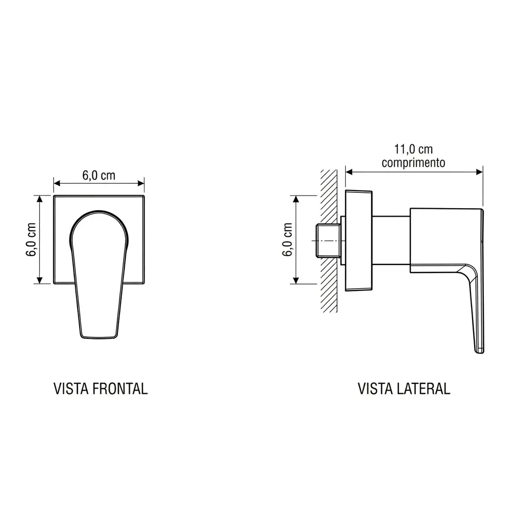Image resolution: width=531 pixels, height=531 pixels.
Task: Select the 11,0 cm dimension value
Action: (x=414, y=149)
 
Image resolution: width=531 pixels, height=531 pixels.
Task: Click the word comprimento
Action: (x=414, y=162)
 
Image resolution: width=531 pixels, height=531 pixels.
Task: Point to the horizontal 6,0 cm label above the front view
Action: (x=99, y=175)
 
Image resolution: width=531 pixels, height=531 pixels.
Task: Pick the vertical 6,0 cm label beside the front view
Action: (x=31, y=239)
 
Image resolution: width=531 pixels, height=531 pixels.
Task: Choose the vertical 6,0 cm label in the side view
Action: (x=287, y=239)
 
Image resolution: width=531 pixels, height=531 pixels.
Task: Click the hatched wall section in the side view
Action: (x=329, y=241)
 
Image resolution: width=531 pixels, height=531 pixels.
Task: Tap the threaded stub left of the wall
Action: (x=328, y=241)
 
